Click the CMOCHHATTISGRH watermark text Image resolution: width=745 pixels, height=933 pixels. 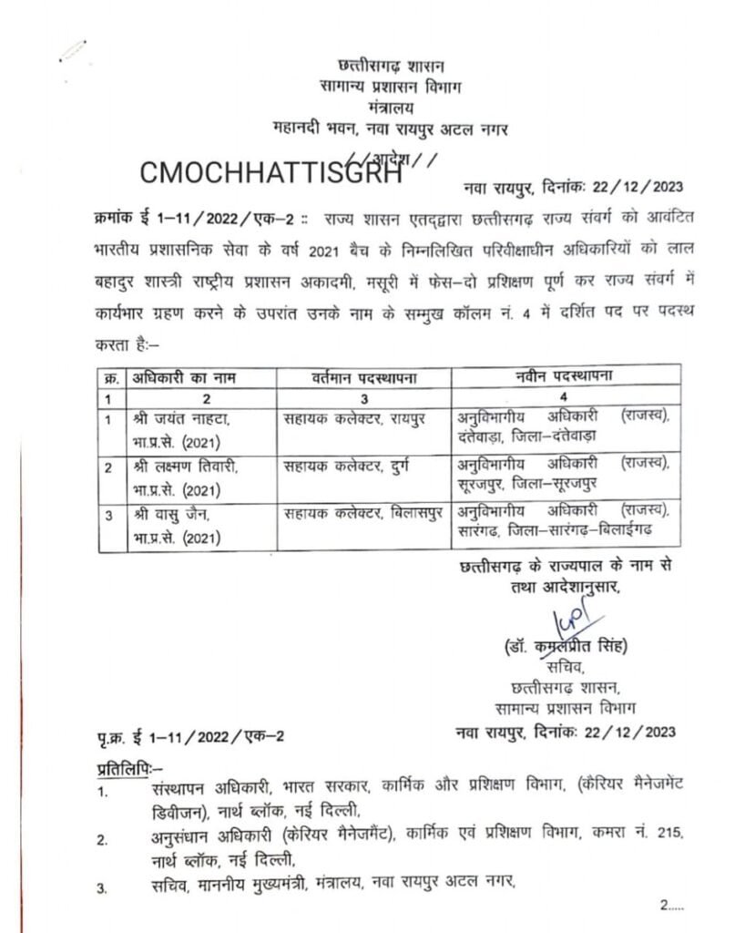pyautogui.click(x=271, y=174)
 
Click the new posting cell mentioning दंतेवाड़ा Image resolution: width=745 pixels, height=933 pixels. pyautogui.click(x=563, y=426)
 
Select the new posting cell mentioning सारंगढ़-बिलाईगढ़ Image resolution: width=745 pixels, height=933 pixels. pyautogui.click(x=563, y=521)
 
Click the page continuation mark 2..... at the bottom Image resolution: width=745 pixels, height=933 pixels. pyautogui.click(x=676, y=904)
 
